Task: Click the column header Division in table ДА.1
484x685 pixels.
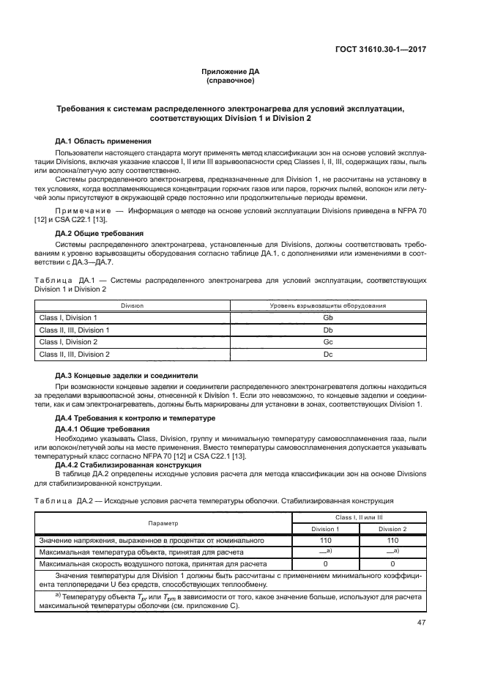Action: coord(132,305)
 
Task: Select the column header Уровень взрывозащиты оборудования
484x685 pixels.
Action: coord(328,305)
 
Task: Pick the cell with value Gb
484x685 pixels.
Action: coord(328,318)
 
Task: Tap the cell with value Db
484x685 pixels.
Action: coord(328,330)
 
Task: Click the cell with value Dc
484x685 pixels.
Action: coord(328,354)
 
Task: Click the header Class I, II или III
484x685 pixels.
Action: coord(358,516)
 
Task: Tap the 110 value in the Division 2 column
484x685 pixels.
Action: coord(392,541)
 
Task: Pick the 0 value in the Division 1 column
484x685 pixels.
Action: coord(324,564)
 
